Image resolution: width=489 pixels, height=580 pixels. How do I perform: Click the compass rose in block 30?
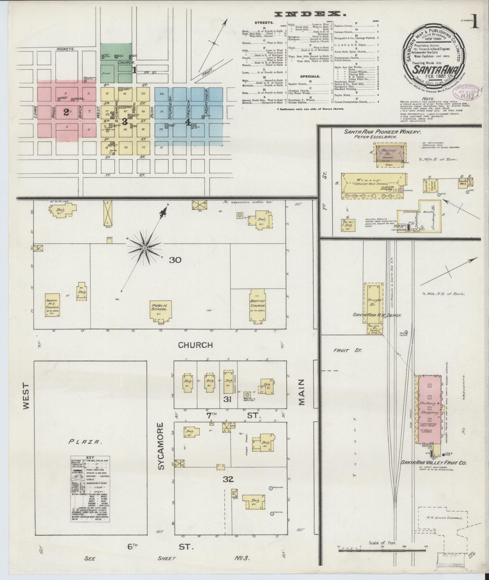pos(145,248)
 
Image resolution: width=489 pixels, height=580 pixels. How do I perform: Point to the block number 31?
pos(227,400)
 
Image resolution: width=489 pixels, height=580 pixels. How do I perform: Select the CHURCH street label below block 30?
pos(195,345)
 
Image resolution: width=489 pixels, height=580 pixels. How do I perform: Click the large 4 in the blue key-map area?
pos(188,122)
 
